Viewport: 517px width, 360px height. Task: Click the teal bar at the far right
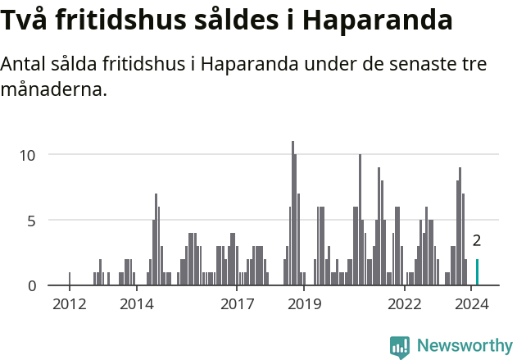(477, 272)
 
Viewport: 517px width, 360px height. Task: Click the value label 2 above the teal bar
(476, 241)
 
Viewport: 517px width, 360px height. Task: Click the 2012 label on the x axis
(70, 304)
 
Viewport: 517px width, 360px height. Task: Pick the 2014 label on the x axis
(137, 304)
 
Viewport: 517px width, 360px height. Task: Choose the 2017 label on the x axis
(237, 304)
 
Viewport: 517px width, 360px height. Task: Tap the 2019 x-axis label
(304, 304)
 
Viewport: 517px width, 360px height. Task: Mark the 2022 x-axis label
(404, 304)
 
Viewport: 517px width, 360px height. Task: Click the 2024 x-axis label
(471, 304)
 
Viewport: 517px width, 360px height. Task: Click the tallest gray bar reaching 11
(293, 213)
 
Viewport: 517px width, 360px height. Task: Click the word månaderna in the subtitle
(54, 89)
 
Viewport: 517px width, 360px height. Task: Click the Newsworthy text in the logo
(465, 346)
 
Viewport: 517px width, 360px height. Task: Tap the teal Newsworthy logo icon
(400, 347)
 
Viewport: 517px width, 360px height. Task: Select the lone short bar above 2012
(70, 279)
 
